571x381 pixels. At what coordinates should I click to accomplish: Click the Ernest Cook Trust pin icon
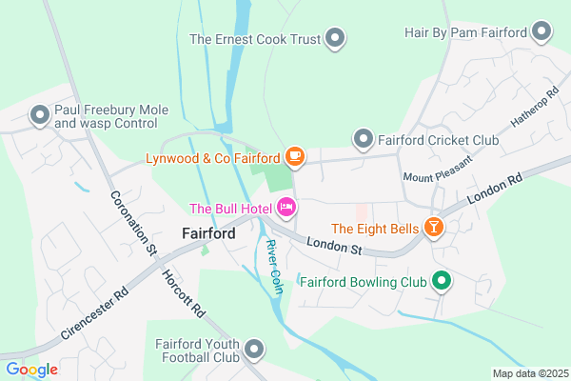click(x=334, y=39)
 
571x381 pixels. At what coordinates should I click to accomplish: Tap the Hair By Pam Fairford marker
click(x=542, y=33)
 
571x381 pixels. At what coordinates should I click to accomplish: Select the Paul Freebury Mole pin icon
click(x=40, y=116)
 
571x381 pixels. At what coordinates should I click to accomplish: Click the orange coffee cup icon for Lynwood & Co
click(x=295, y=156)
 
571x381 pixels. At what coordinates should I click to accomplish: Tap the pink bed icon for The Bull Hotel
click(x=286, y=208)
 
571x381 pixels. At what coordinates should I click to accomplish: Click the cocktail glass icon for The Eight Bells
click(x=434, y=228)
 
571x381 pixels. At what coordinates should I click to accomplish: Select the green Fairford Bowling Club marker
click(x=441, y=281)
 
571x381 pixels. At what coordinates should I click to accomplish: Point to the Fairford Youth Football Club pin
click(x=254, y=350)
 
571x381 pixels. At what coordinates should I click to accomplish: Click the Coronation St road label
click(x=132, y=225)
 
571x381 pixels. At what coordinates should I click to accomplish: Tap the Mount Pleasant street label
click(x=432, y=177)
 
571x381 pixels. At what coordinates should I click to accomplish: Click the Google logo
click(x=31, y=370)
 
